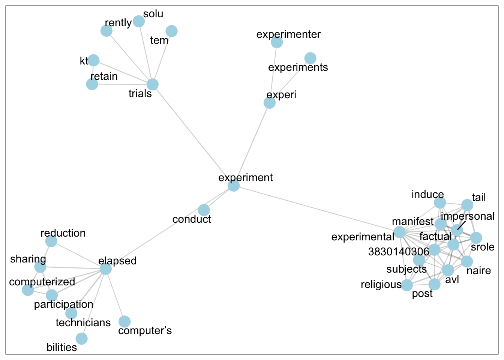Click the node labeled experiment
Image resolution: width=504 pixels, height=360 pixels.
[234, 186]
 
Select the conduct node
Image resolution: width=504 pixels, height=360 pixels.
[204, 210]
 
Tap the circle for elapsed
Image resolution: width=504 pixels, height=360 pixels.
[106, 269]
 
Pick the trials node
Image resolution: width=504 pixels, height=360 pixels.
[152, 84]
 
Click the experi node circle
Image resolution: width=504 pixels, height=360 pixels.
[270, 102]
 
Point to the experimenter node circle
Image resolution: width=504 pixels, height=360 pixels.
[277, 42]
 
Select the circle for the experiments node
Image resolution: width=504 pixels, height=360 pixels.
[310, 58]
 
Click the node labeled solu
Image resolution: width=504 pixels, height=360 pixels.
[139, 21]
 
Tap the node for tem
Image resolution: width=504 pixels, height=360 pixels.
[171, 31]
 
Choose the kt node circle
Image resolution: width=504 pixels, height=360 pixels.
[93, 60]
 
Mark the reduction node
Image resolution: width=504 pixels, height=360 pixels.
[51, 241]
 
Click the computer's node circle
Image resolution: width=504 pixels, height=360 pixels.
[124, 321]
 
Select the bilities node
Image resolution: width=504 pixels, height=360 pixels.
[81, 339]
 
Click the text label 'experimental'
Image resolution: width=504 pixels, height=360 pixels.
[363, 237]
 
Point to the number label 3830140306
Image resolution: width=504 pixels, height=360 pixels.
[399, 252]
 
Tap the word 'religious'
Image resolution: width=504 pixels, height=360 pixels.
[381, 285]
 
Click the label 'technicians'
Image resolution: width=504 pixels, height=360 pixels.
[83, 323]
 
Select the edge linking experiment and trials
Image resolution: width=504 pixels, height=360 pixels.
[193, 135]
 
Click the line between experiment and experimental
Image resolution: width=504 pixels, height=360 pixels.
[316, 209]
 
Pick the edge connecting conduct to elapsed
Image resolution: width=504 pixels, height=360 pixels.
[154, 240]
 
